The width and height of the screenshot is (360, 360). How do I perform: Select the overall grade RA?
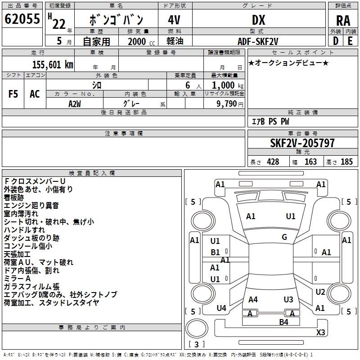click(x=343, y=20)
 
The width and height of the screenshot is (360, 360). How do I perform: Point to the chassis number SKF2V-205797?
click(x=302, y=143)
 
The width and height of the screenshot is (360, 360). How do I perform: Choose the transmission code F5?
click(x=13, y=94)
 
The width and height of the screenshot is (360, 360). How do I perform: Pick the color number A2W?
click(x=75, y=103)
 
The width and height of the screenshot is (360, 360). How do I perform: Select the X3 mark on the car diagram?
click(x=321, y=333)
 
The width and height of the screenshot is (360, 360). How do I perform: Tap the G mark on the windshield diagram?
click(x=284, y=237)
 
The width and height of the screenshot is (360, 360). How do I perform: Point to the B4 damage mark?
click(x=283, y=322)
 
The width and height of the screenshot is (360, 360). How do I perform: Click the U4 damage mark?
click(x=221, y=308)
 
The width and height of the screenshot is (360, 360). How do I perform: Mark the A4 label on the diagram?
click(x=253, y=299)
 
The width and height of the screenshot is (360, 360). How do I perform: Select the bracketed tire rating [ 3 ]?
click(x=197, y=345)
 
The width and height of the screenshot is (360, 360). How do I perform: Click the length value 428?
click(x=272, y=162)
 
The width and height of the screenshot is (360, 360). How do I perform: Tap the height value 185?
click(x=346, y=162)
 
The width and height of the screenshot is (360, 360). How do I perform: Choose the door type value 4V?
click(x=174, y=20)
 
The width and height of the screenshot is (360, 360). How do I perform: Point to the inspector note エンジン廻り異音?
click(x=31, y=206)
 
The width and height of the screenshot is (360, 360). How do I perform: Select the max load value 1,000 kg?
click(x=227, y=85)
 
